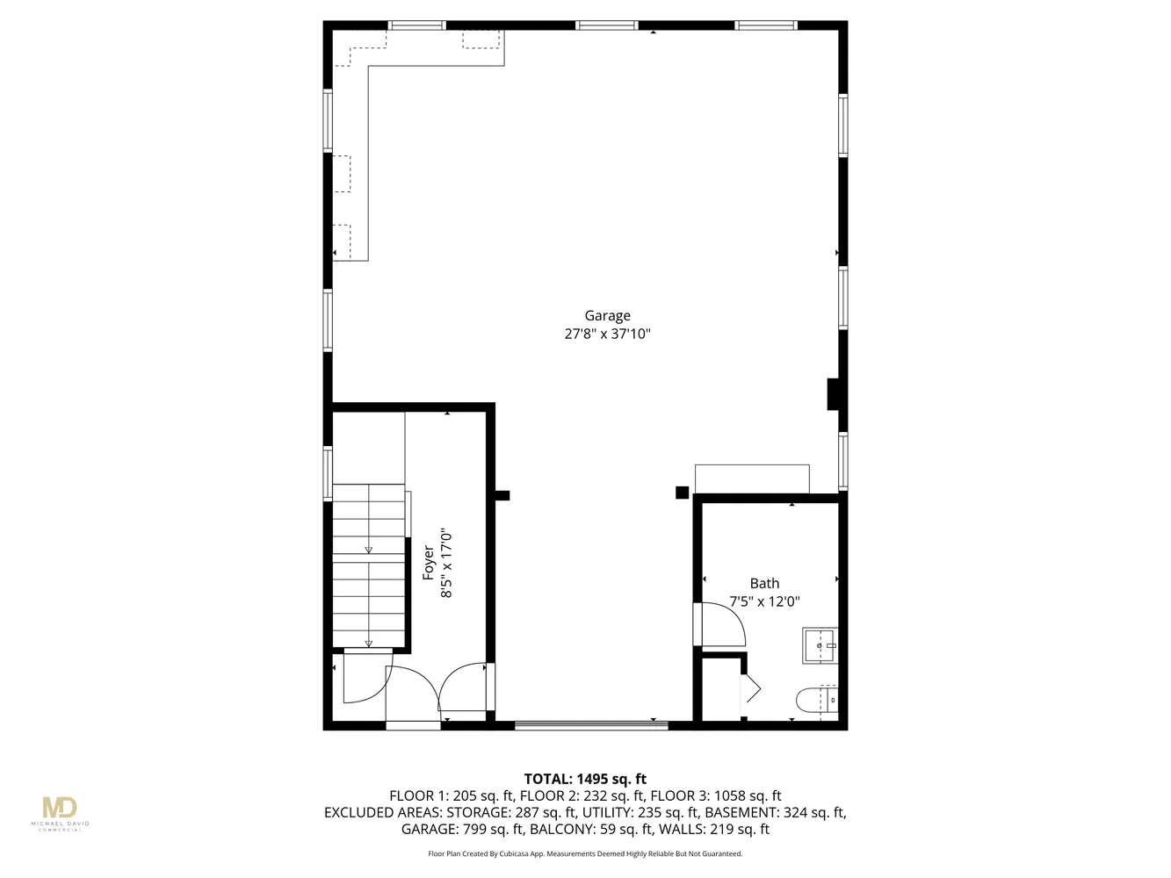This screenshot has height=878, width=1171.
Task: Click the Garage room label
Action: [607, 316]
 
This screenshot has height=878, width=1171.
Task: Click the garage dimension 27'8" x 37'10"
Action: [607, 335]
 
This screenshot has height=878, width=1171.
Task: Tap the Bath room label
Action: [764, 584]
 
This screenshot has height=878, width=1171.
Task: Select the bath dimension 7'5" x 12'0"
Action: [764, 602]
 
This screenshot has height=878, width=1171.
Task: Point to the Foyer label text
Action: [429, 563]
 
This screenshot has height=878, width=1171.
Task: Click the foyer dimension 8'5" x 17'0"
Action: [447, 563]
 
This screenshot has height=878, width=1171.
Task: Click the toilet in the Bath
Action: [816, 701]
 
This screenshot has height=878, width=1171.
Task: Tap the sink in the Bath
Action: [820, 645]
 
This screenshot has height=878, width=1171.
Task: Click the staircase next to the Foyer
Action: [369, 566]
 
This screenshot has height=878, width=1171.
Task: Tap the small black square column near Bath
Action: [682, 493]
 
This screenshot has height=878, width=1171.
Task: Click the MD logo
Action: [60, 808]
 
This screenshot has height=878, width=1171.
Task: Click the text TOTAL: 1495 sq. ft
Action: [585, 779]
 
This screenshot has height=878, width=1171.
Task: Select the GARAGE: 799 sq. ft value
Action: [462, 829]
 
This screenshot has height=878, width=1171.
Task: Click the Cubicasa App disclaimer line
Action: [585, 853]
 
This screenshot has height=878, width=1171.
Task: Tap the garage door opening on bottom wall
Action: [591, 725]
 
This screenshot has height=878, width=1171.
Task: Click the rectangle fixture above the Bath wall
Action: [752, 479]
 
